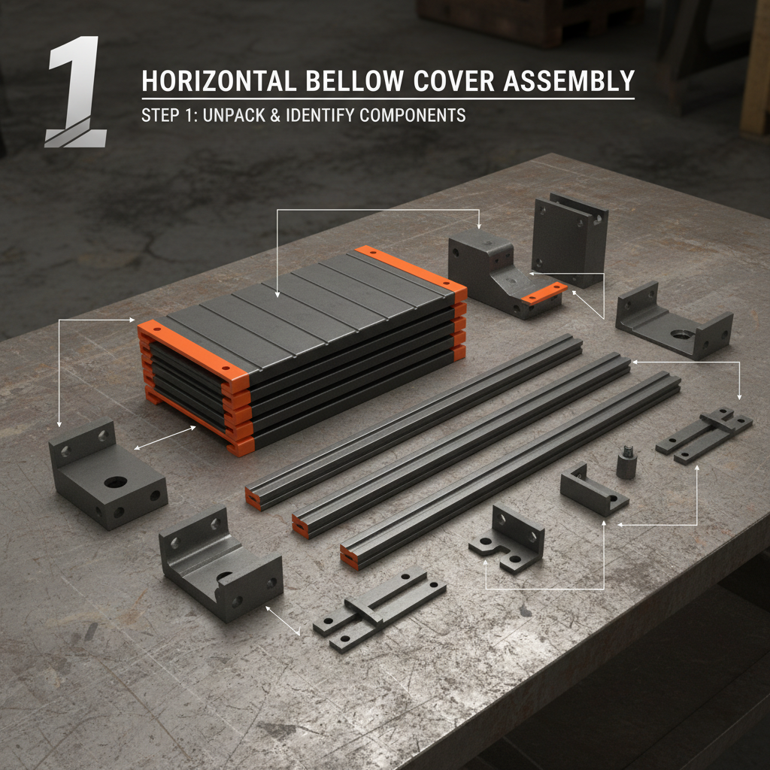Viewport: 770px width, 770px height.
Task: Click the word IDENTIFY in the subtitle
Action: point(326,116)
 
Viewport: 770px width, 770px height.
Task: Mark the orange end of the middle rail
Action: point(300,527)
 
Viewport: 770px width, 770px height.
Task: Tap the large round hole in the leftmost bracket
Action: point(115,481)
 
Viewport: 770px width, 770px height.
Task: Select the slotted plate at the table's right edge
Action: point(704,435)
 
